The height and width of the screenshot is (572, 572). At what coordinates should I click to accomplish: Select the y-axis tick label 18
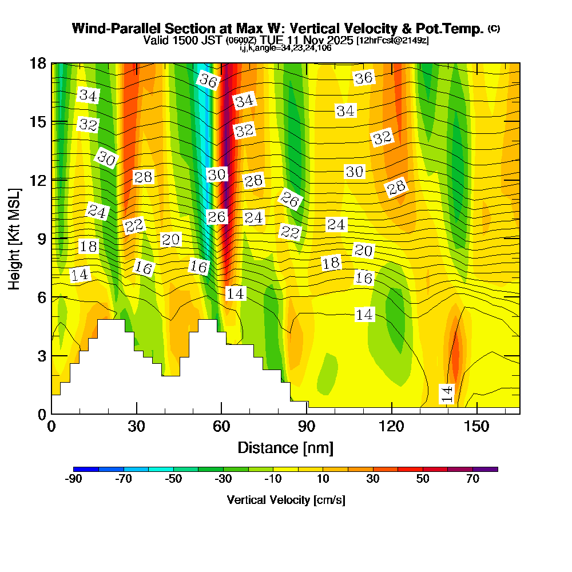pyautogui.click(x=38, y=63)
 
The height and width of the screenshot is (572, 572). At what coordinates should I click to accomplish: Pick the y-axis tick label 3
pyautogui.click(x=41, y=355)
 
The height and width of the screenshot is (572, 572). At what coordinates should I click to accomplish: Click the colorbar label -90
pyautogui.click(x=74, y=479)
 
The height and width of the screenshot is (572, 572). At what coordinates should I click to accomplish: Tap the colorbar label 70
pyautogui.click(x=472, y=479)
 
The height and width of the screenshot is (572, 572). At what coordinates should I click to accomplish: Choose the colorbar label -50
pyautogui.click(x=173, y=479)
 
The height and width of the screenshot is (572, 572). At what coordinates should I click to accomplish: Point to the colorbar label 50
pyautogui.click(x=423, y=479)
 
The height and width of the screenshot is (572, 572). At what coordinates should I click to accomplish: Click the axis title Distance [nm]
pyautogui.click(x=285, y=447)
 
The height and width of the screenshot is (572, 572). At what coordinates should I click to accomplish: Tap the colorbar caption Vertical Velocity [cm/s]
pyautogui.click(x=285, y=500)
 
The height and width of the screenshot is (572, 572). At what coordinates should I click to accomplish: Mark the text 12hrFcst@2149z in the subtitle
pyautogui.click(x=392, y=41)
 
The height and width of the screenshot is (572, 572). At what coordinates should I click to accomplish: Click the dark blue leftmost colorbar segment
pyautogui.click(x=86, y=469)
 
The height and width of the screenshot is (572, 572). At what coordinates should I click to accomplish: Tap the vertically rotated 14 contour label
pyautogui.click(x=447, y=394)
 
